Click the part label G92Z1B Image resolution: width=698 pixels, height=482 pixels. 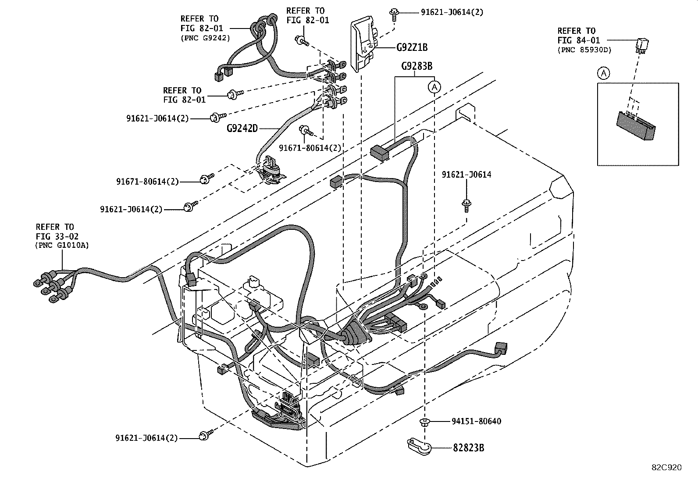click(411, 47)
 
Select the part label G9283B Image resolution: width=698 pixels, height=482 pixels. click(417, 66)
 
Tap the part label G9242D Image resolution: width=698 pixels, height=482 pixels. click(242, 129)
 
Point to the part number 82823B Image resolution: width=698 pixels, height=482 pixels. click(469, 448)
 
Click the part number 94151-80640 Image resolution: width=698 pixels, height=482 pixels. click(476, 421)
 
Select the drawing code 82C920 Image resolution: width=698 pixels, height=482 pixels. click(666, 468)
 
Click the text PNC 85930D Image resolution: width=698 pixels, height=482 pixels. click(584, 50)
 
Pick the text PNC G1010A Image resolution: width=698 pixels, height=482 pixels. click(62, 246)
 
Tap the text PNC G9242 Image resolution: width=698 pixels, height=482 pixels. click(205, 38)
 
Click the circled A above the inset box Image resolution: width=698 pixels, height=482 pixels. click(604, 73)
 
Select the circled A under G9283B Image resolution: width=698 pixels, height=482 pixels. click(434, 87)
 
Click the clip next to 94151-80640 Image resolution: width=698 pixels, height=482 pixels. click(424, 422)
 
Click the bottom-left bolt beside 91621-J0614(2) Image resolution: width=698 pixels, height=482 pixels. click(204, 436)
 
